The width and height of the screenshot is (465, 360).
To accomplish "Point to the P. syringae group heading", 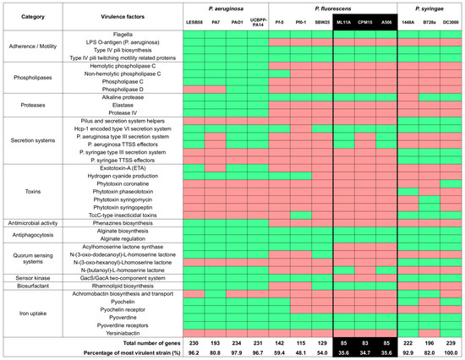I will click(x=426, y=8).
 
